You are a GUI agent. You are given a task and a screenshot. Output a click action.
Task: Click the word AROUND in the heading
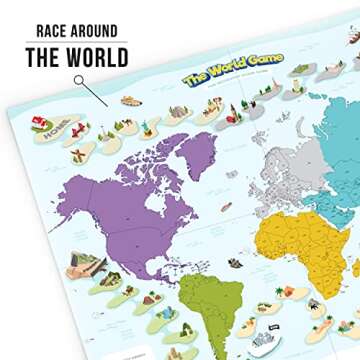tap(99, 31)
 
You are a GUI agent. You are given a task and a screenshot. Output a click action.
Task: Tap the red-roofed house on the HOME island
tap(40, 122)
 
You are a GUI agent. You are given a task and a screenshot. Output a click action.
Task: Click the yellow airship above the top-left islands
tap(130, 100)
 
